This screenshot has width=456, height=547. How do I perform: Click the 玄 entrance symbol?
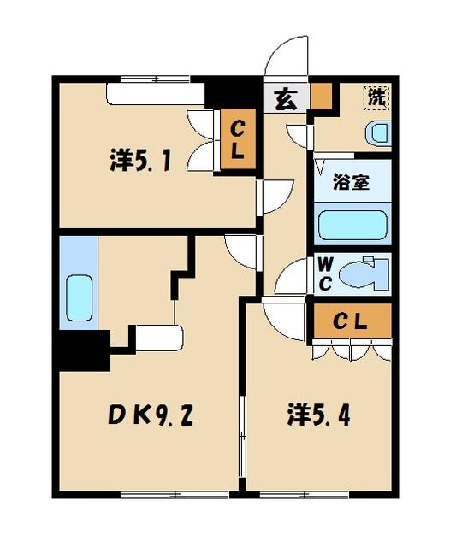pyautogui.click(x=286, y=99)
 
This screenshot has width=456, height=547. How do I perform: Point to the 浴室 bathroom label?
pyautogui.click(x=351, y=182)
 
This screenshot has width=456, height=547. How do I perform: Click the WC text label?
pyautogui.click(x=325, y=273)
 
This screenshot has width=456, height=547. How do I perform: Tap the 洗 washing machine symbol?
pyautogui.click(x=376, y=97)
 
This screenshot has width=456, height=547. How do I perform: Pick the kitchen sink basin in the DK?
pyautogui.click(x=79, y=297)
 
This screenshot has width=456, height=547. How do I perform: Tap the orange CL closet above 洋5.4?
pyautogui.click(x=350, y=321)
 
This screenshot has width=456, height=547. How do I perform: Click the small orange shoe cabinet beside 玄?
pyautogui.click(x=322, y=97)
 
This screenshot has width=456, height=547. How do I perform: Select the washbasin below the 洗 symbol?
pyautogui.click(x=377, y=132)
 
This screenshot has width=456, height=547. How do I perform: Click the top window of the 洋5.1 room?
pyautogui.click(x=155, y=80)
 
